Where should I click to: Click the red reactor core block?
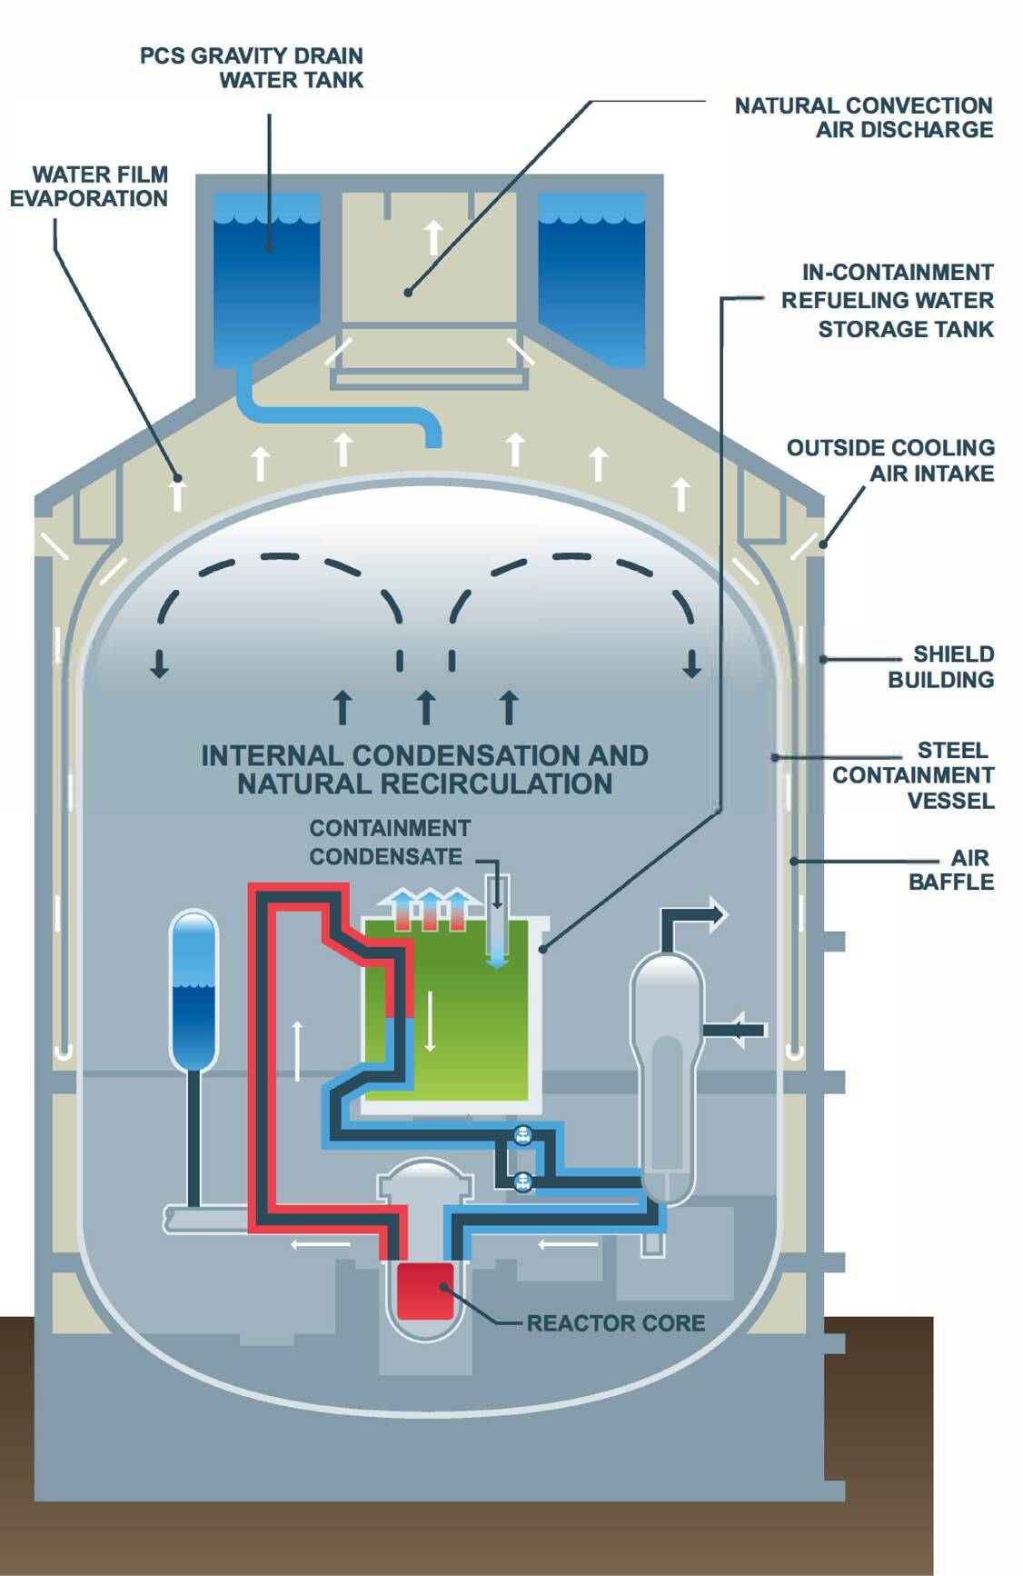click(424, 1291)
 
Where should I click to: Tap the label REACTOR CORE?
click(615, 1323)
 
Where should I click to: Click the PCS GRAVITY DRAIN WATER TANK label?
click(252, 68)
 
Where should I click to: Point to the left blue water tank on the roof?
click(266, 277)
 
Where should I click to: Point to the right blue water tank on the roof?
click(591, 277)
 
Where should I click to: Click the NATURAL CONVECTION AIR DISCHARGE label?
click(863, 118)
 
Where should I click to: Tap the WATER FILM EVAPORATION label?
click(89, 186)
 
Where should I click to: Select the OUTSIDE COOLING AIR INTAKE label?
click(890, 461)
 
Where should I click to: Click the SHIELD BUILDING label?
click(940, 667)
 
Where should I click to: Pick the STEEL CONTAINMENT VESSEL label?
click(913, 775)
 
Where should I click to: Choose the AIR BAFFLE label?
click(951, 870)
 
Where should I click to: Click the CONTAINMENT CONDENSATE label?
click(389, 843)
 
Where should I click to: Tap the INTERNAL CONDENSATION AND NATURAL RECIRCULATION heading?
click(424, 770)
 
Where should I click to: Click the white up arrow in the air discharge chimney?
click(433, 235)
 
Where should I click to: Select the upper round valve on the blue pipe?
click(522, 1135)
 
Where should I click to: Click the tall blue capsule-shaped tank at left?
click(194, 991)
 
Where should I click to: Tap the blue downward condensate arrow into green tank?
click(497, 945)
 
